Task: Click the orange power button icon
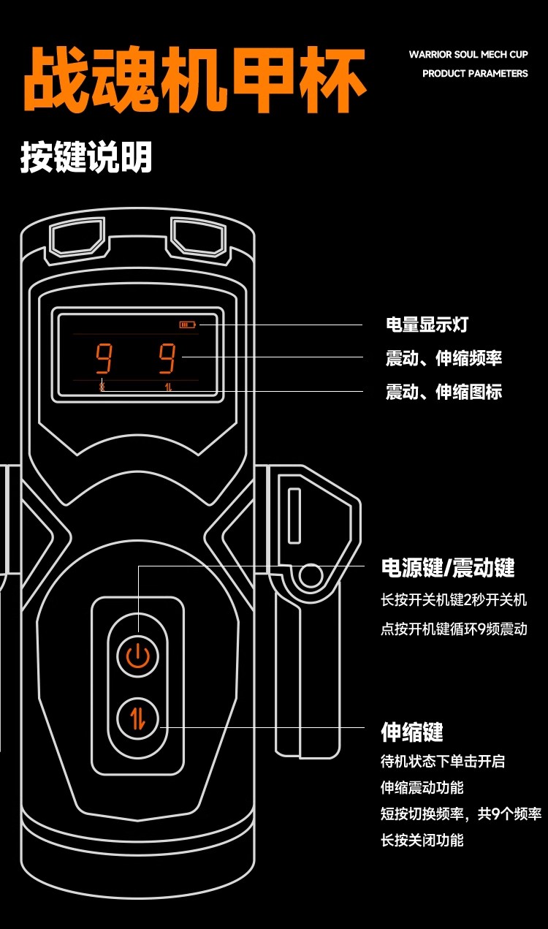(138, 656)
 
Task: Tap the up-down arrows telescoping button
(138, 718)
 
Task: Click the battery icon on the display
(187, 325)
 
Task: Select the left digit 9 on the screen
(104, 358)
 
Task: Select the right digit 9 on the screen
(167, 358)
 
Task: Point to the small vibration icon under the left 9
(102, 387)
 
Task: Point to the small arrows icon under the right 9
(168, 387)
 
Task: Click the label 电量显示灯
(427, 325)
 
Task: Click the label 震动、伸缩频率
(444, 358)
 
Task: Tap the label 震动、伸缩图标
(444, 392)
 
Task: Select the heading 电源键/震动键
(448, 568)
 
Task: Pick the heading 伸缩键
(412, 732)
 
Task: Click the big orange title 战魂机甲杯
(195, 80)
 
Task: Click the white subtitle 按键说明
(86, 157)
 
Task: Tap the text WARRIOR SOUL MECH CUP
(468, 54)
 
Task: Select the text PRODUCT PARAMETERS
(475, 73)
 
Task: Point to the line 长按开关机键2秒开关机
(454, 599)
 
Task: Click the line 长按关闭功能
(422, 841)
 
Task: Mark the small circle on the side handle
(311, 575)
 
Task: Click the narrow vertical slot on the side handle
(294, 515)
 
